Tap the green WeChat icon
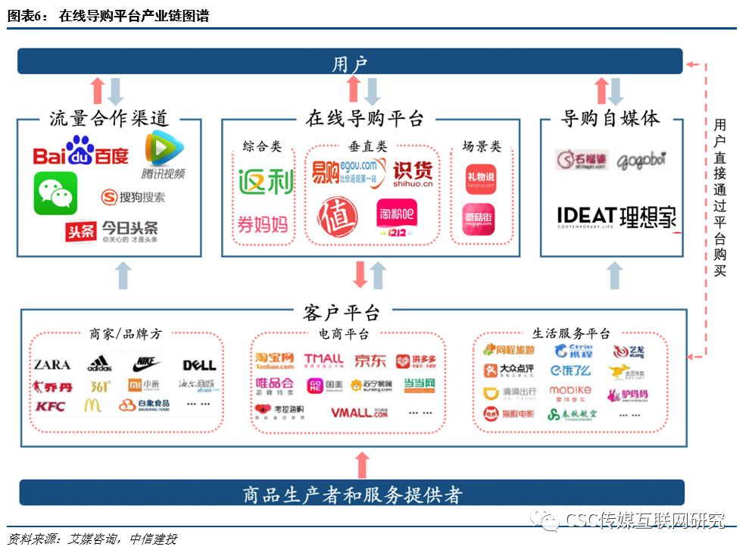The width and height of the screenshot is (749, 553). (55, 193)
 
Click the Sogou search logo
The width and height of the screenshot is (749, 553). (133, 198)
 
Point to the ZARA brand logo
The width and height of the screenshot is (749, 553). (52, 365)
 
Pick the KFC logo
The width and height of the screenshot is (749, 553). (50, 407)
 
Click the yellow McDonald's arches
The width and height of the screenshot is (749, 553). (92, 406)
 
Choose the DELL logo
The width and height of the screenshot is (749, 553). (199, 366)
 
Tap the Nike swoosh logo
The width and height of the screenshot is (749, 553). (146, 364)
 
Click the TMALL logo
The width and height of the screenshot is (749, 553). (323, 361)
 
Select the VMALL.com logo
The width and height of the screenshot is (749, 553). (359, 413)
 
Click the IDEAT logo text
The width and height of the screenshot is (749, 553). (586, 217)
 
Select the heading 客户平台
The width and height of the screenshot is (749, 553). (342, 312)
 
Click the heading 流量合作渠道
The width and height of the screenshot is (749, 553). (109, 119)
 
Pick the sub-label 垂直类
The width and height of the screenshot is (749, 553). (368, 145)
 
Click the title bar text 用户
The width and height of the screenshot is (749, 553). (350, 64)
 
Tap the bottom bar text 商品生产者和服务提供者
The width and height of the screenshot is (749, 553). (353, 495)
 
